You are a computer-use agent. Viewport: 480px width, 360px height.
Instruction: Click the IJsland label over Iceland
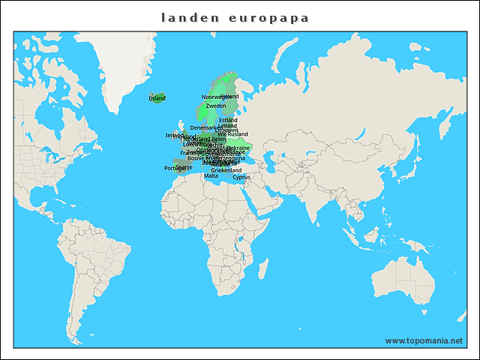(157, 98)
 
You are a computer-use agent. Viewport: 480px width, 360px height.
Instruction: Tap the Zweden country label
(215, 106)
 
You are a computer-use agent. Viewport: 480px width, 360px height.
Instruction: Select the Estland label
(228, 120)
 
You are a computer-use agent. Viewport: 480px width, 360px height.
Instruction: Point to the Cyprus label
(241, 178)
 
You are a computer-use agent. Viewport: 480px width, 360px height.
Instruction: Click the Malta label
(211, 175)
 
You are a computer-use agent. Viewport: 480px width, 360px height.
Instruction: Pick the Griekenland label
(226, 170)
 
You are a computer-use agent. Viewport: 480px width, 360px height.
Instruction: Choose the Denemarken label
(204, 127)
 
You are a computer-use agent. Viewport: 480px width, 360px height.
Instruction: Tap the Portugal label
(173, 168)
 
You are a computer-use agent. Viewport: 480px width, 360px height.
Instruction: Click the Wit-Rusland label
(232, 134)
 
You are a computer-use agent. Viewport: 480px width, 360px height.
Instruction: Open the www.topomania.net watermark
(424, 340)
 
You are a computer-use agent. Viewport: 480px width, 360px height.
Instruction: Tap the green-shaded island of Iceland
(158, 99)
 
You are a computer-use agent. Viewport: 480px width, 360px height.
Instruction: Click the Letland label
(227, 125)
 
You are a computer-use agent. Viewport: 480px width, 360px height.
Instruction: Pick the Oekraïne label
(238, 148)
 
